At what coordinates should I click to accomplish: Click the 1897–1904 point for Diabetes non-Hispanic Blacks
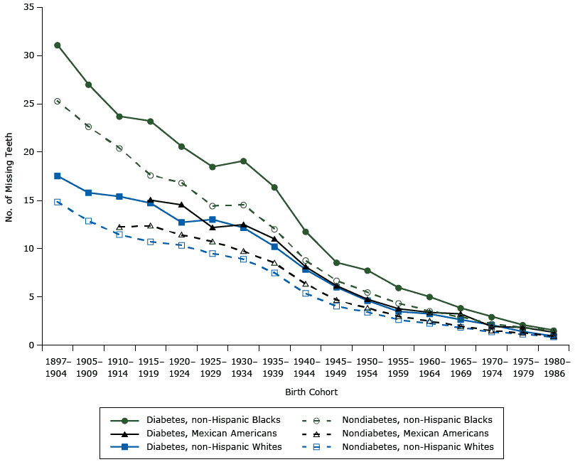(x=57, y=45)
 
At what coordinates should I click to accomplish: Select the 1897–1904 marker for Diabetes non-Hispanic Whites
(x=57, y=176)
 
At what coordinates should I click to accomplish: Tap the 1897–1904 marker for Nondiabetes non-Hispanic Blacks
(x=57, y=101)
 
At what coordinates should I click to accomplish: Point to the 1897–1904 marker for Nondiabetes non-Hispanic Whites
(x=57, y=202)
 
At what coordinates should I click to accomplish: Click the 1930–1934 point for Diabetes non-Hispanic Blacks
(x=243, y=161)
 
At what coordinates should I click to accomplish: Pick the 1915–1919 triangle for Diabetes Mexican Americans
(x=150, y=200)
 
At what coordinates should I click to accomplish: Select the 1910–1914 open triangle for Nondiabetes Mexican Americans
(x=119, y=227)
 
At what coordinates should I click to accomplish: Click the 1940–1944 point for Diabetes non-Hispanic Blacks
(x=306, y=232)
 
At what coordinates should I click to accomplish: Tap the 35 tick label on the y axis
(x=29, y=7)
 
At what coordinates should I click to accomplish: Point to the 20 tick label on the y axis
(x=29, y=152)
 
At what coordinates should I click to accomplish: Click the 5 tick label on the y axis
(x=31, y=297)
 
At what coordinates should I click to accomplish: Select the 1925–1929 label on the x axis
(x=213, y=365)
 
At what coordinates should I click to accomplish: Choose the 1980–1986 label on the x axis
(x=554, y=365)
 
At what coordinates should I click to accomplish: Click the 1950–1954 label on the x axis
(x=367, y=365)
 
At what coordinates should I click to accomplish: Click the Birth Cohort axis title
(x=311, y=392)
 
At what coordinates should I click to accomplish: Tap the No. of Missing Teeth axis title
(x=10, y=176)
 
